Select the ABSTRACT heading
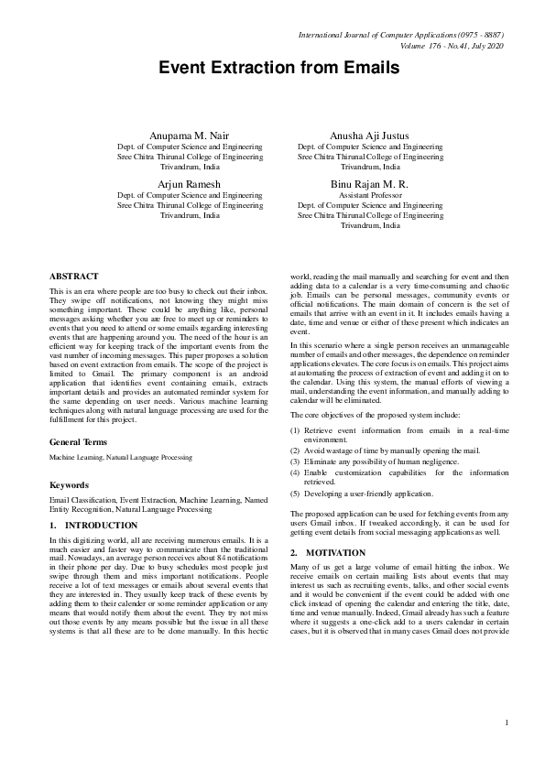click(x=73, y=276)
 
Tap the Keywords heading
click(x=71, y=484)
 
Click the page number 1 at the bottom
click(x=506, y=723)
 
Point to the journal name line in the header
click(x=401, y=35)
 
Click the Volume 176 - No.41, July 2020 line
click(x=452, y=46)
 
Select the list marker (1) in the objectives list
click(x=295, y=429)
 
